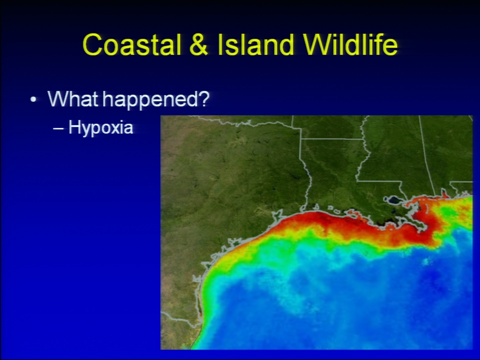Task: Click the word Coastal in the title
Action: (x=132, y=44)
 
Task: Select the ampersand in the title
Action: (x=199, y=44)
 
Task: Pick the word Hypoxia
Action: (x=100, y=127)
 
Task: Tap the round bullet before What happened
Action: (x=33, y=99)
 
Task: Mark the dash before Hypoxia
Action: (x=58, y=128)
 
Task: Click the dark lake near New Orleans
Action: (x=393, y=201)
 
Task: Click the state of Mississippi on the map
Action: (x=395, y=153)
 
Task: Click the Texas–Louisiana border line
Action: (x=306, y=174)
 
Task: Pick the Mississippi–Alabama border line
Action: (x=426, y=156)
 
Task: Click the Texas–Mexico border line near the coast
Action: (x=181, y=319)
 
